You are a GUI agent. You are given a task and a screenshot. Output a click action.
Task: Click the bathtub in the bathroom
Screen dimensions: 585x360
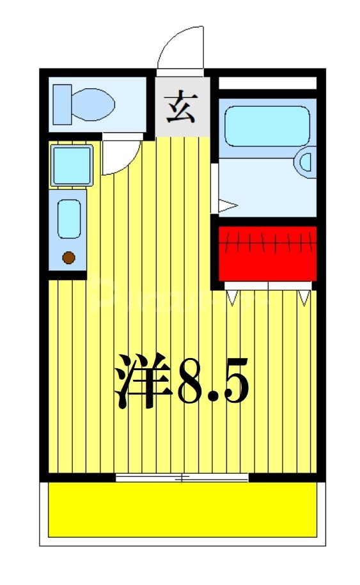point(268,125)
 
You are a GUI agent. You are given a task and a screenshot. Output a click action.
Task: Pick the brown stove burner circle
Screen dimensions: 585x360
point(68,258)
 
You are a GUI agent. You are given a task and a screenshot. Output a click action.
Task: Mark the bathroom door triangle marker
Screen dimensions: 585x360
point(228,206)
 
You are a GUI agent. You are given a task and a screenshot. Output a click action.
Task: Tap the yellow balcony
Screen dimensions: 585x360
point(182,509)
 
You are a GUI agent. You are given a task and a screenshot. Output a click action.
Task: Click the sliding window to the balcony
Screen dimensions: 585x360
point(182,478)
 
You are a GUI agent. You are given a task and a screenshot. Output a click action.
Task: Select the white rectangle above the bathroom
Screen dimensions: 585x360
point(268,83)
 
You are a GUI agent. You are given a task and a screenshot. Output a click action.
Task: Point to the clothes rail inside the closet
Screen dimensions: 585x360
point(268,244)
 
